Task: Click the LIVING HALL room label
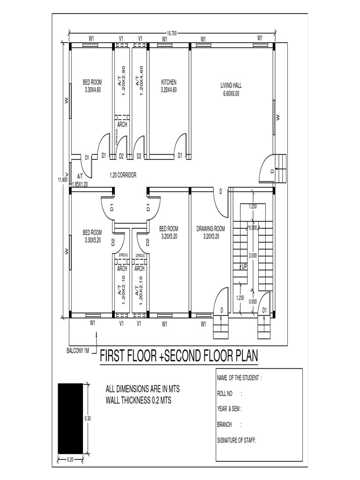[230, 86]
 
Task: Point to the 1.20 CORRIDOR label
[123, 175]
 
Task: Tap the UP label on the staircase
[244, 266]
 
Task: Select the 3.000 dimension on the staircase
[253, 256]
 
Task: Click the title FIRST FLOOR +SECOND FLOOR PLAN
[179, 356]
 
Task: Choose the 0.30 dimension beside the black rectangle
[88, 419]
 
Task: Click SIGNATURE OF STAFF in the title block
[237, 440]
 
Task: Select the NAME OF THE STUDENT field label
[239, 378]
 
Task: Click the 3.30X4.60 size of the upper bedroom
[92, 90]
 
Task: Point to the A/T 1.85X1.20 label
[80, 181]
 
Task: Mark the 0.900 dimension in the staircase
[253, 228]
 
